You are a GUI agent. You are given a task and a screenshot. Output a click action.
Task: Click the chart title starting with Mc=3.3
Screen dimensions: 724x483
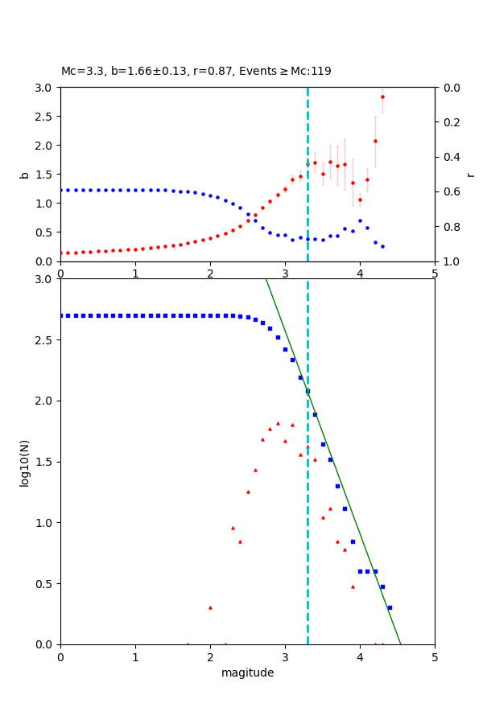[x=196, y=71]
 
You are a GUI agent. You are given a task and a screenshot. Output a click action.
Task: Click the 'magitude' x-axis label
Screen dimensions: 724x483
[x=247, y=673]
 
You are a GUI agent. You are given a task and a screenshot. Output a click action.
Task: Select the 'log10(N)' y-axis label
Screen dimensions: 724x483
[x=24, y=462]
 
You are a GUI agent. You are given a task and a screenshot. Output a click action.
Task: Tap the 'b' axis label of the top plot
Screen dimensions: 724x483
[x=24, y=174]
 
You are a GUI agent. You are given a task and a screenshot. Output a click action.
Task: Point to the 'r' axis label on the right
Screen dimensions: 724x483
[x=470, y=174]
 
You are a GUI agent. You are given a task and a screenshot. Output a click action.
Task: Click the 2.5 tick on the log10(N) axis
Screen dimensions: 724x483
[x=47, y=340]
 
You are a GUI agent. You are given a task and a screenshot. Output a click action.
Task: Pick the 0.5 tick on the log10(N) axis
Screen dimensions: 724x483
[x=47, y=584]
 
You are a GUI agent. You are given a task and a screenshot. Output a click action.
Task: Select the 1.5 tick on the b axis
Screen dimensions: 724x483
[x=47, y=175]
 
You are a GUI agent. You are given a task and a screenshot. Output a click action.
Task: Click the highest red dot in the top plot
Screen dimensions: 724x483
[x=382, y=97]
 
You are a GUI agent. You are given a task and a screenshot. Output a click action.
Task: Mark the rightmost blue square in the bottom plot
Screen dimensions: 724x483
[x=390, y=607]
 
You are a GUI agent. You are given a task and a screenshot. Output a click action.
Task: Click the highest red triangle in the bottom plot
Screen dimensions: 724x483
[x=278, y=423]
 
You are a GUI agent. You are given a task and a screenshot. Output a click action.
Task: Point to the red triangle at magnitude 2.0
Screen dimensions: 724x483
[x=210, y=607]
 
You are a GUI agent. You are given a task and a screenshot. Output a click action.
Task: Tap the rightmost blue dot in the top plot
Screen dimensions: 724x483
[x=382, y=246]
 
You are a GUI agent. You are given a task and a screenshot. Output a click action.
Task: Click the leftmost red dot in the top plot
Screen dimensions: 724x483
[x=61, y=253]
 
